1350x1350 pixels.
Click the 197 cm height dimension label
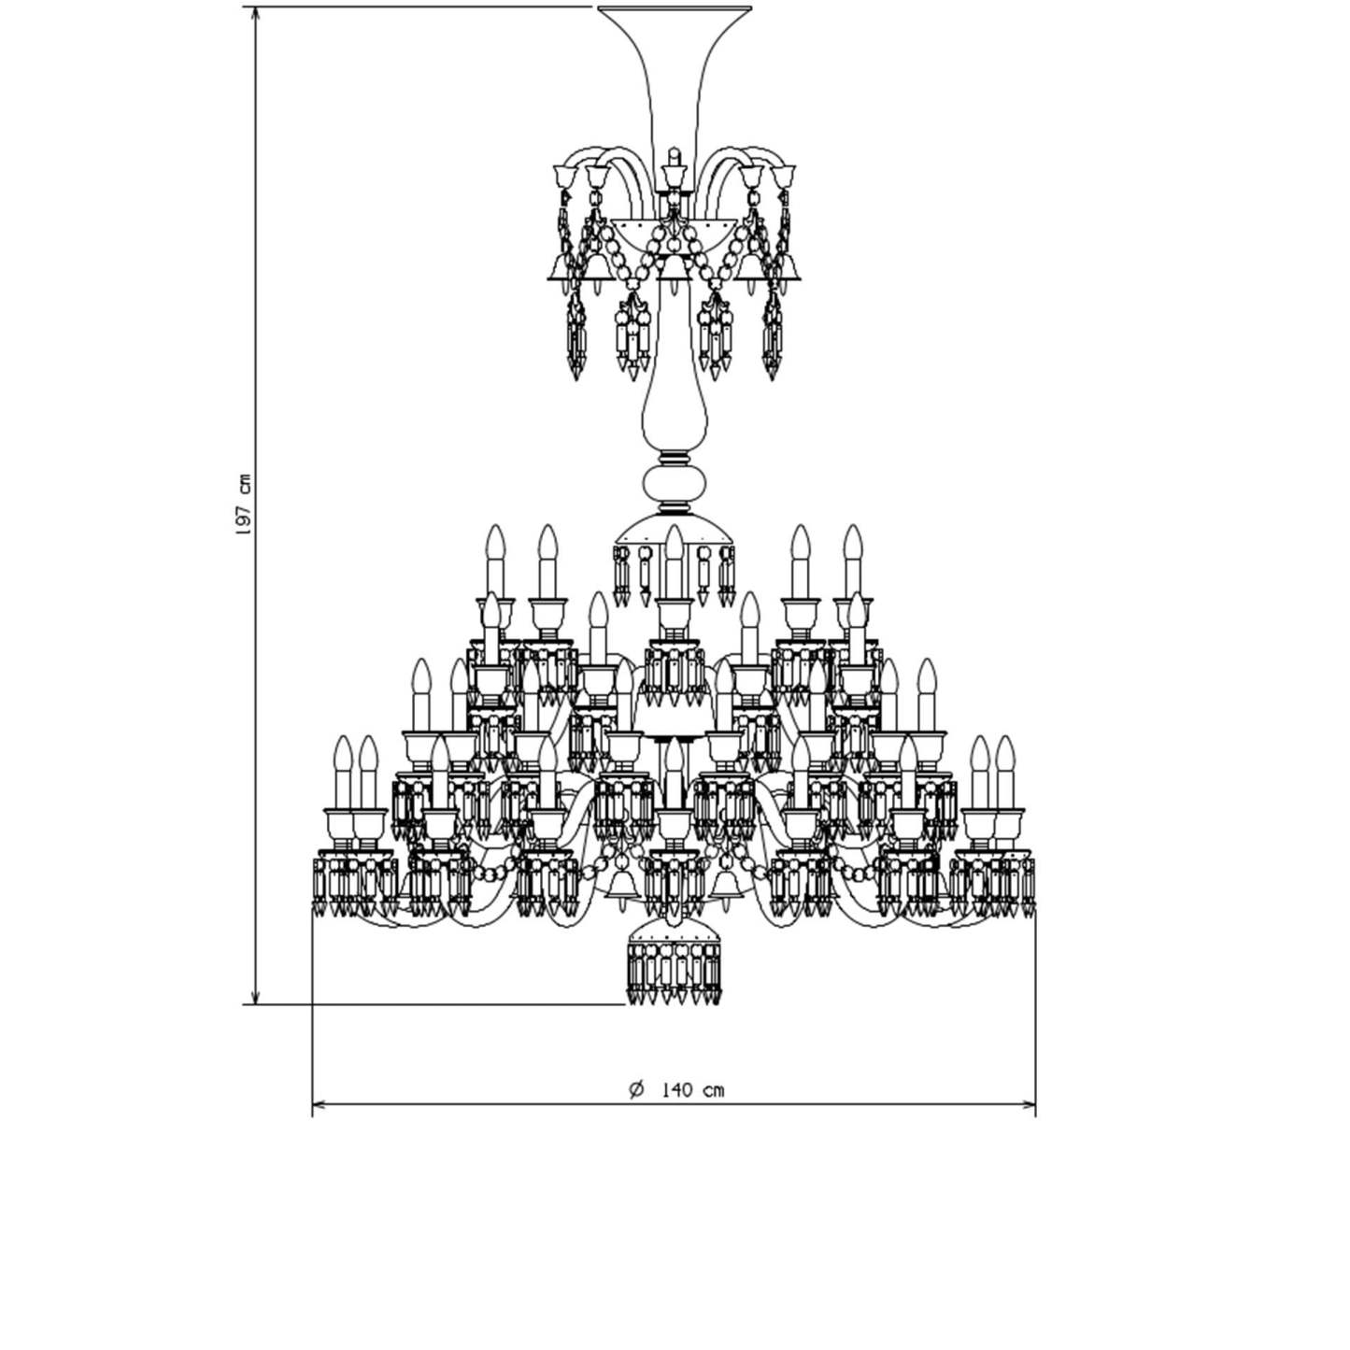pos(243,504)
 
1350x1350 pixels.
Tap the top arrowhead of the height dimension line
pos(256,14)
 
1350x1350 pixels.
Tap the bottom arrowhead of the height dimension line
pos(256,996)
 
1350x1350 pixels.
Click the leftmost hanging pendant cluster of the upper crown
pos(576,336)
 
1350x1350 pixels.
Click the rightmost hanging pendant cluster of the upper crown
pos(772,336)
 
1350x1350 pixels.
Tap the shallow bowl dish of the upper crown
pos(674,234)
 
